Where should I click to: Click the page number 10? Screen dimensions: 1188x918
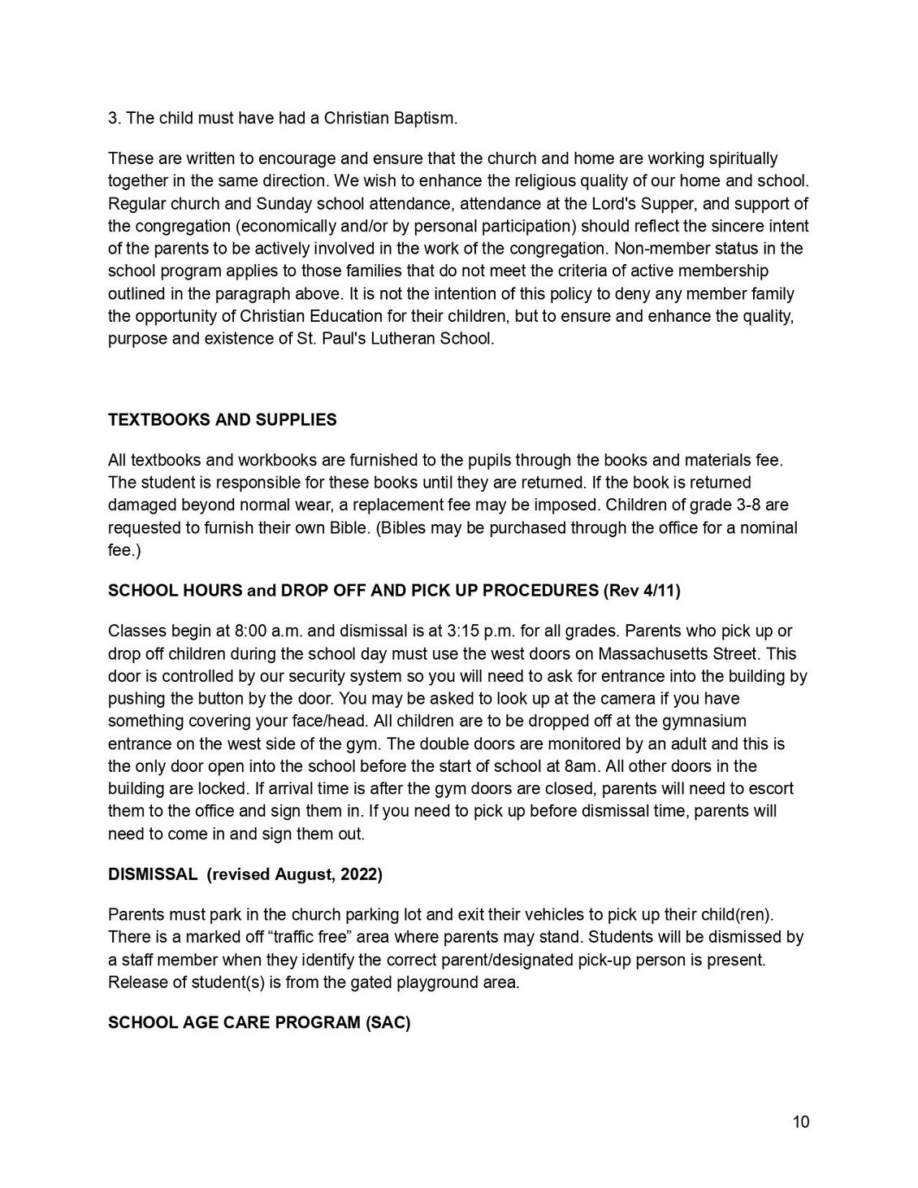click(801, 1122)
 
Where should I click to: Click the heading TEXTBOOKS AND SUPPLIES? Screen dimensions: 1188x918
click(222, 420)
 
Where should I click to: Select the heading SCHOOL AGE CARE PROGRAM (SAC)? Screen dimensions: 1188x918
click(259, 1022)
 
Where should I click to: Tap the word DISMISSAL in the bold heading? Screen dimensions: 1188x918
click(153, 874)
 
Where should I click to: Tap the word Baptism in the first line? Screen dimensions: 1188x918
click(426, 119)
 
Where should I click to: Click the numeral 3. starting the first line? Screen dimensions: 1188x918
click(115, 119)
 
